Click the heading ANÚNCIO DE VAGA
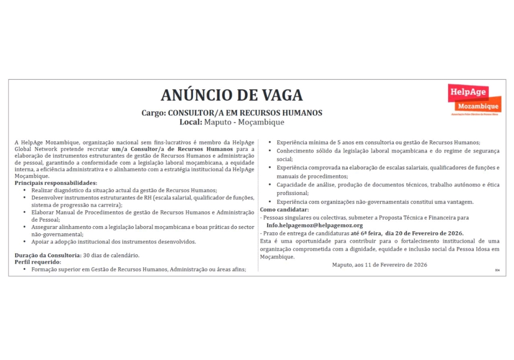pos(232,95)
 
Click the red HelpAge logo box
pos(467,93)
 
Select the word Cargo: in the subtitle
pos(153,113)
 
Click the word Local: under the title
pos(191,122)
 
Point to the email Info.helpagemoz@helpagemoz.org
pos(314,225)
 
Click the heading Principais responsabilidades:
pos(56,183)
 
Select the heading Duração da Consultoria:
pos(48,255)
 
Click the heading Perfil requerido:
pos(38,262)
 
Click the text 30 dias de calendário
pos(111,255)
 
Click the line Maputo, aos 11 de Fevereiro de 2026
pos(379,265)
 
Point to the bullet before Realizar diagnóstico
pos(25,190)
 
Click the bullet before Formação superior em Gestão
pos(25,269)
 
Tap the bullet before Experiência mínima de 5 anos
pos(270,143)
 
